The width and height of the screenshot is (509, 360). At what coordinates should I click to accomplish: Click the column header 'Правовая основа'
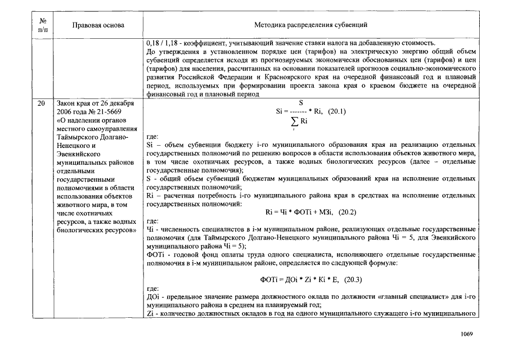click(98, 25)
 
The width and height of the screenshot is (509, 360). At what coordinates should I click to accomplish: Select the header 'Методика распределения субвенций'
click(310, 25)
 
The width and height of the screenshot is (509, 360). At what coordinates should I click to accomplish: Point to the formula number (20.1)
click(335, 111)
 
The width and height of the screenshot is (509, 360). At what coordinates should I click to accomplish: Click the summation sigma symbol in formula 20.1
click(294, 121)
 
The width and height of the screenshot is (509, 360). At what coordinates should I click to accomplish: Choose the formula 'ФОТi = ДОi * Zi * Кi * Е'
click(299, 280)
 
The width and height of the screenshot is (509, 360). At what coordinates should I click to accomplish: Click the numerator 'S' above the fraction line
click(300, 103)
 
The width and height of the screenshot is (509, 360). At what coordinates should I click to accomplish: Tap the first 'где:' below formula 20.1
click(152, 136)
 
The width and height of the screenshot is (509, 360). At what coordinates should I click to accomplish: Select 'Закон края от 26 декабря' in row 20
click(94, 103)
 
